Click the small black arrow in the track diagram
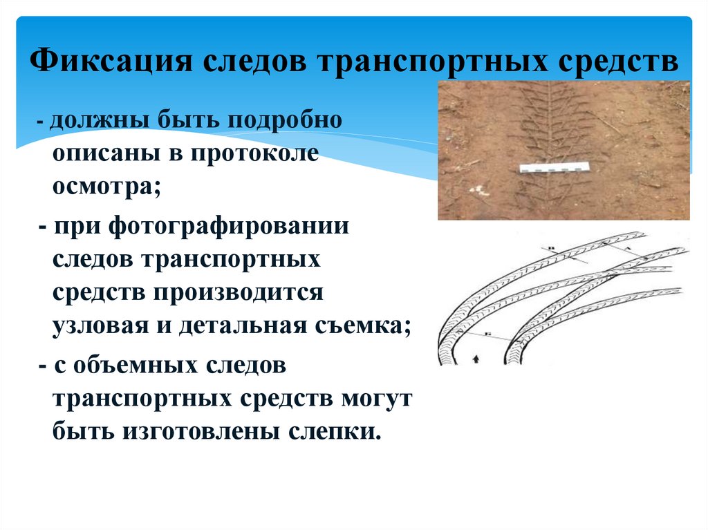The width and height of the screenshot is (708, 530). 474,359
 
